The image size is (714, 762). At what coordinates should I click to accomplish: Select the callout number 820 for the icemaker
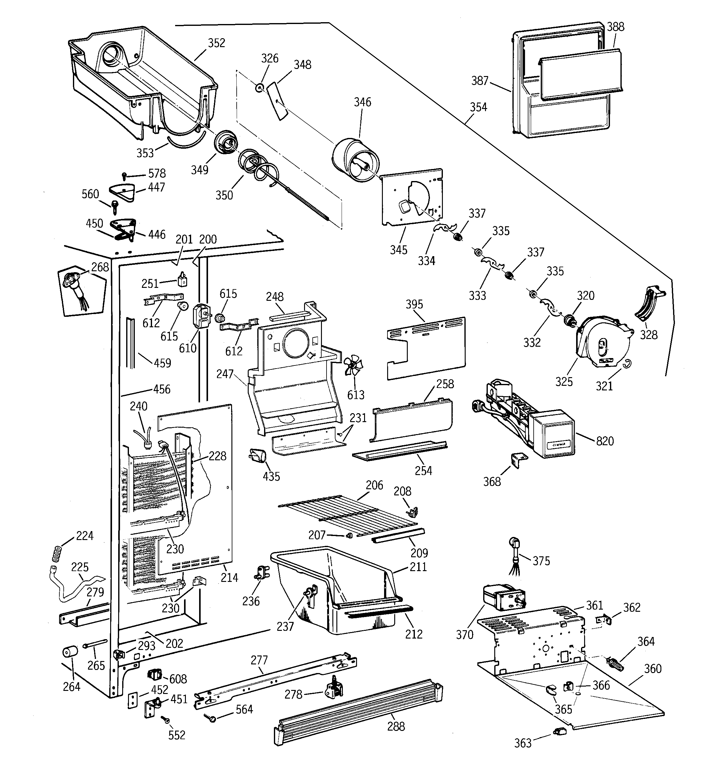[605, 441]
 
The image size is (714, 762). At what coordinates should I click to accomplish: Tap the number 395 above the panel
[414, 304]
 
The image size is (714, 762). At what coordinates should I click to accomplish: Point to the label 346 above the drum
[362, 102]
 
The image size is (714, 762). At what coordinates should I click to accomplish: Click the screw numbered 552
[166, 720]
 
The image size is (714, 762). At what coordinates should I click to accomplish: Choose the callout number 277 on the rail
[259, 660]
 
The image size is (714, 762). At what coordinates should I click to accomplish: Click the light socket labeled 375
[514, 545]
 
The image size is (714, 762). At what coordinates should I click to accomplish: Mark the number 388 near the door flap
[616, 27]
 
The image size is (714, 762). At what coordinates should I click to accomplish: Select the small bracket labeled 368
[519, 459]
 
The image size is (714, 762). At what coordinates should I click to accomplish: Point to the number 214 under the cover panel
[229, 578]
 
